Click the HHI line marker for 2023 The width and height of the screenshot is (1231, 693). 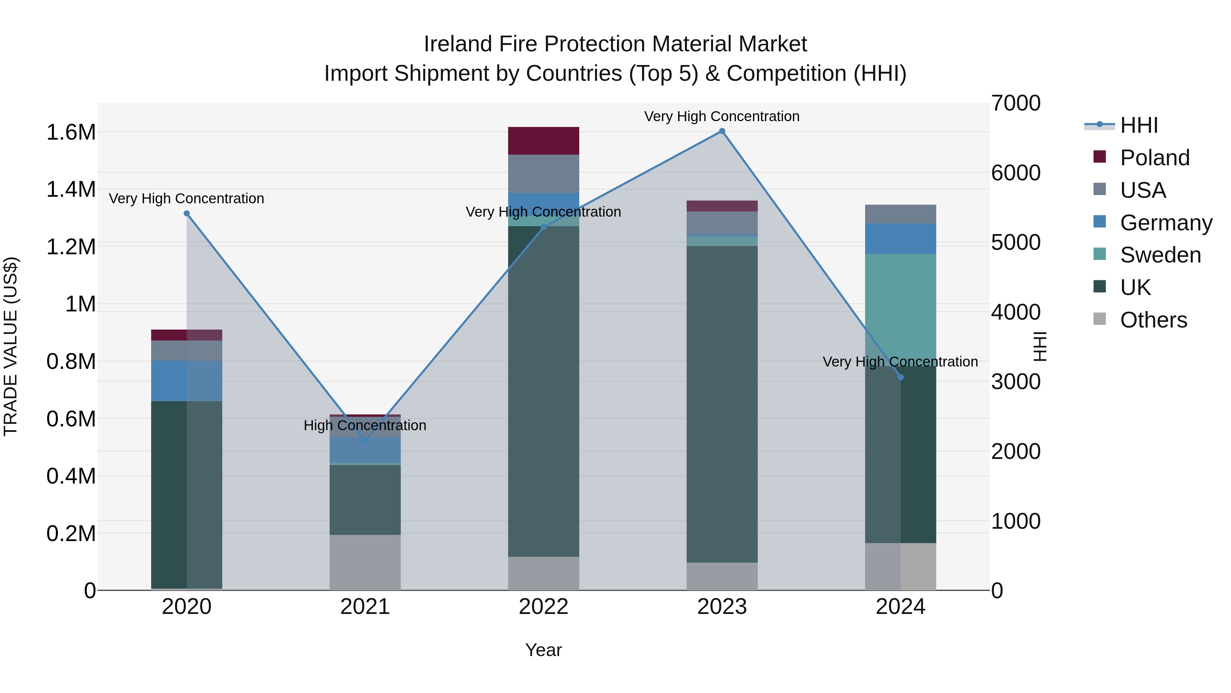click(722, 131)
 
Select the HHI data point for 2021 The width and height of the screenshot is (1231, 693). click(365, 440)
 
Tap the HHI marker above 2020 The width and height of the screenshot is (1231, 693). click(187, 213)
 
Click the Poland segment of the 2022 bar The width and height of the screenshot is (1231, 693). click(543, 141)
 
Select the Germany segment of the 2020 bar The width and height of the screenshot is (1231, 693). click(186, 381)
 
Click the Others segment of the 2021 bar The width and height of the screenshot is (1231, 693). click(365, 562)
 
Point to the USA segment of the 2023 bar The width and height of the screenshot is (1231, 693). click(722, 223)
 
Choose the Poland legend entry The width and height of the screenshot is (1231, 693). click(1154, 158)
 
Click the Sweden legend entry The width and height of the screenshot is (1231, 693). click(1160, 255)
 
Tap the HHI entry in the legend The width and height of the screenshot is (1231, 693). click(1138, 125)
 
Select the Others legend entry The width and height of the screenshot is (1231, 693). click(1153, 320)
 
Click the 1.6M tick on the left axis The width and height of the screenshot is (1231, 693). click(71, 132)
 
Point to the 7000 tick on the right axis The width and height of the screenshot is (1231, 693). click(1016, 103)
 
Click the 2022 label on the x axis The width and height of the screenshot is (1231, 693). click(543, 607)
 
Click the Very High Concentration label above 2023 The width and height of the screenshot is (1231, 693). click(722, 116)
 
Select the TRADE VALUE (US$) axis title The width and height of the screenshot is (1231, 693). click(11, 346)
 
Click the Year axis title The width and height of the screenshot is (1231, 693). click(543, 650)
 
